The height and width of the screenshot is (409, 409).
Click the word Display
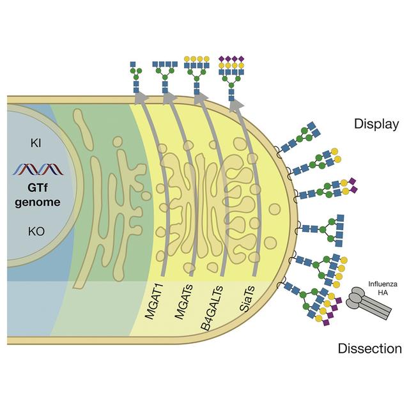point(376,124)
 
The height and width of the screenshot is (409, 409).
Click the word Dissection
point(369,349)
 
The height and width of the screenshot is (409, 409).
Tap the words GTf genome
point(39,196)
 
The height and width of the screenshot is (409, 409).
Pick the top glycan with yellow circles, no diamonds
point(196,73)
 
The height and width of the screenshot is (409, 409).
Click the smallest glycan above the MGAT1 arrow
point(134,77)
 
